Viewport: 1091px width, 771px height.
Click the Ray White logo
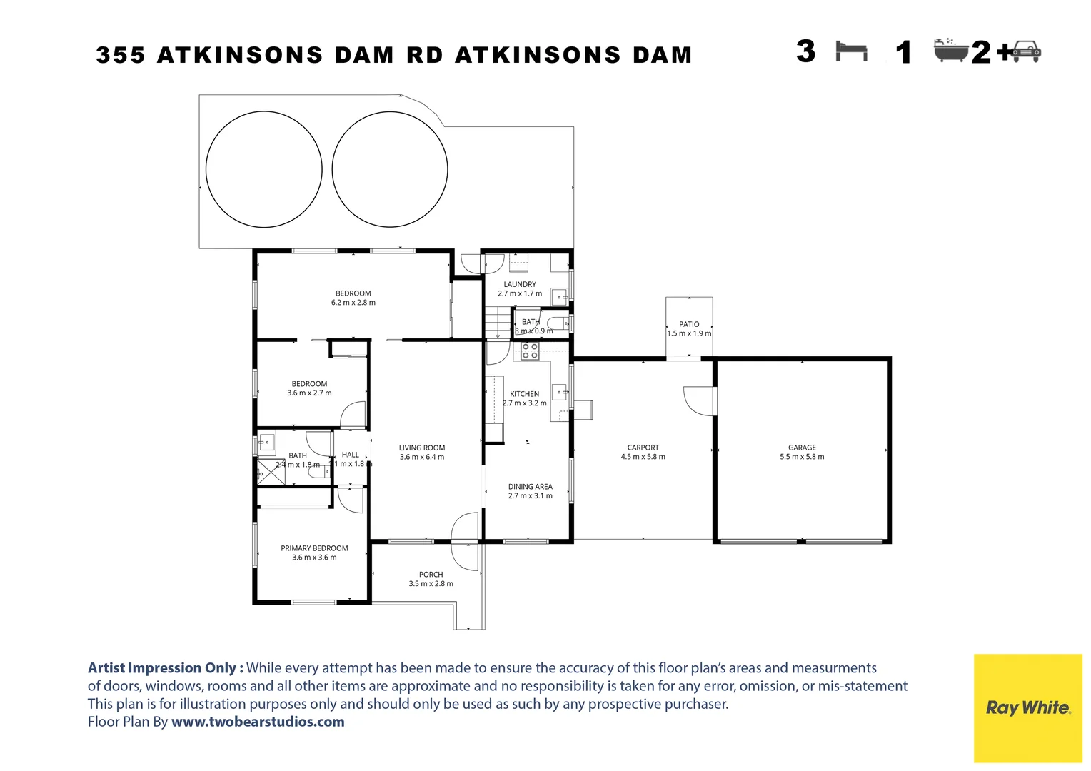(x=1027, y=707)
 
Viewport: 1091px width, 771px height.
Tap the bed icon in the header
(x=851, y=51)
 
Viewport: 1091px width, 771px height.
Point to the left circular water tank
(x=263, y=169)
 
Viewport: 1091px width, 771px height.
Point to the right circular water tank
(x=390, y=169)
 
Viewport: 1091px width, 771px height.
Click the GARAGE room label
(x=802, y=448)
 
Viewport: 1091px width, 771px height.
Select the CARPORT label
(x=643, y=448)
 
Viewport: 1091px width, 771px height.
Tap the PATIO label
(x=689, y=324)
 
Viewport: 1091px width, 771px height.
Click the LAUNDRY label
(x=520, y=284)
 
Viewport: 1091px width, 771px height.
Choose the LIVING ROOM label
(x=422, y=448)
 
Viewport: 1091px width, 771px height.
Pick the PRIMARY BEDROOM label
(x=314, y=548)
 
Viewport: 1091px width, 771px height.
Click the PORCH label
(x=431, y=575)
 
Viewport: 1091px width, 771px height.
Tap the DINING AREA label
(x=530, y=487)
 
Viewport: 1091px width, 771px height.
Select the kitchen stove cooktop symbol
(x=530, y=351)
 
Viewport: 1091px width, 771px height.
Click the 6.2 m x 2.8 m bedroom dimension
(x=353, y=303)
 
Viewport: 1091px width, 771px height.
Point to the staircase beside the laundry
(x=498, y=323)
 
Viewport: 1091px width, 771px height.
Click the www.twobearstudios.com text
(x=258, y=722)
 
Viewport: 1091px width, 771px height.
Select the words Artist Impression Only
(x=165, y=668)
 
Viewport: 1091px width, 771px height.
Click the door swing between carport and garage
(x=699, y=400)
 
